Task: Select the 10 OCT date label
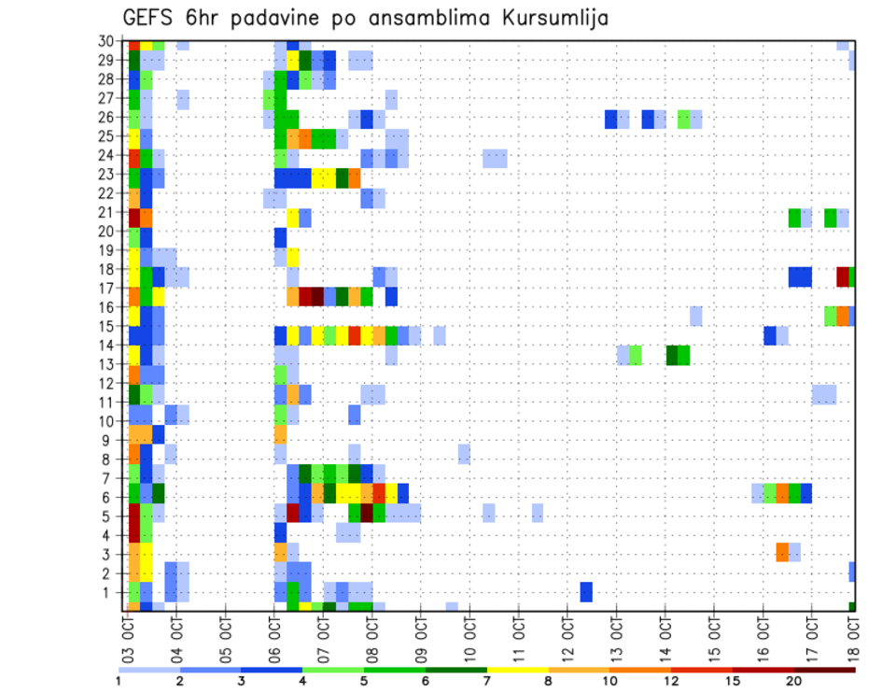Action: pyautogui.click(x=469, y=637)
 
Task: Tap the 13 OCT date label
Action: pyautogui.click(x=616, y=637)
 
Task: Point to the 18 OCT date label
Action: pyautogui.click(x=852, y=637)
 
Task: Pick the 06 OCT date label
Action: pyautogui.click(x=274, y=637)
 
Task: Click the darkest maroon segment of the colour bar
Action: pyautogui.click(x=826, y=670)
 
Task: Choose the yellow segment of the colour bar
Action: pyautogui.click(x=518, y=670)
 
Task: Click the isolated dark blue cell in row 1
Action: pyautogui.click(x=586, y=592)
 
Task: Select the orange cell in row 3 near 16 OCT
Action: pyautogui.click(x=782, y=552)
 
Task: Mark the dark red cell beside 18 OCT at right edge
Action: pyautogui.click(x=843, y=277)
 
